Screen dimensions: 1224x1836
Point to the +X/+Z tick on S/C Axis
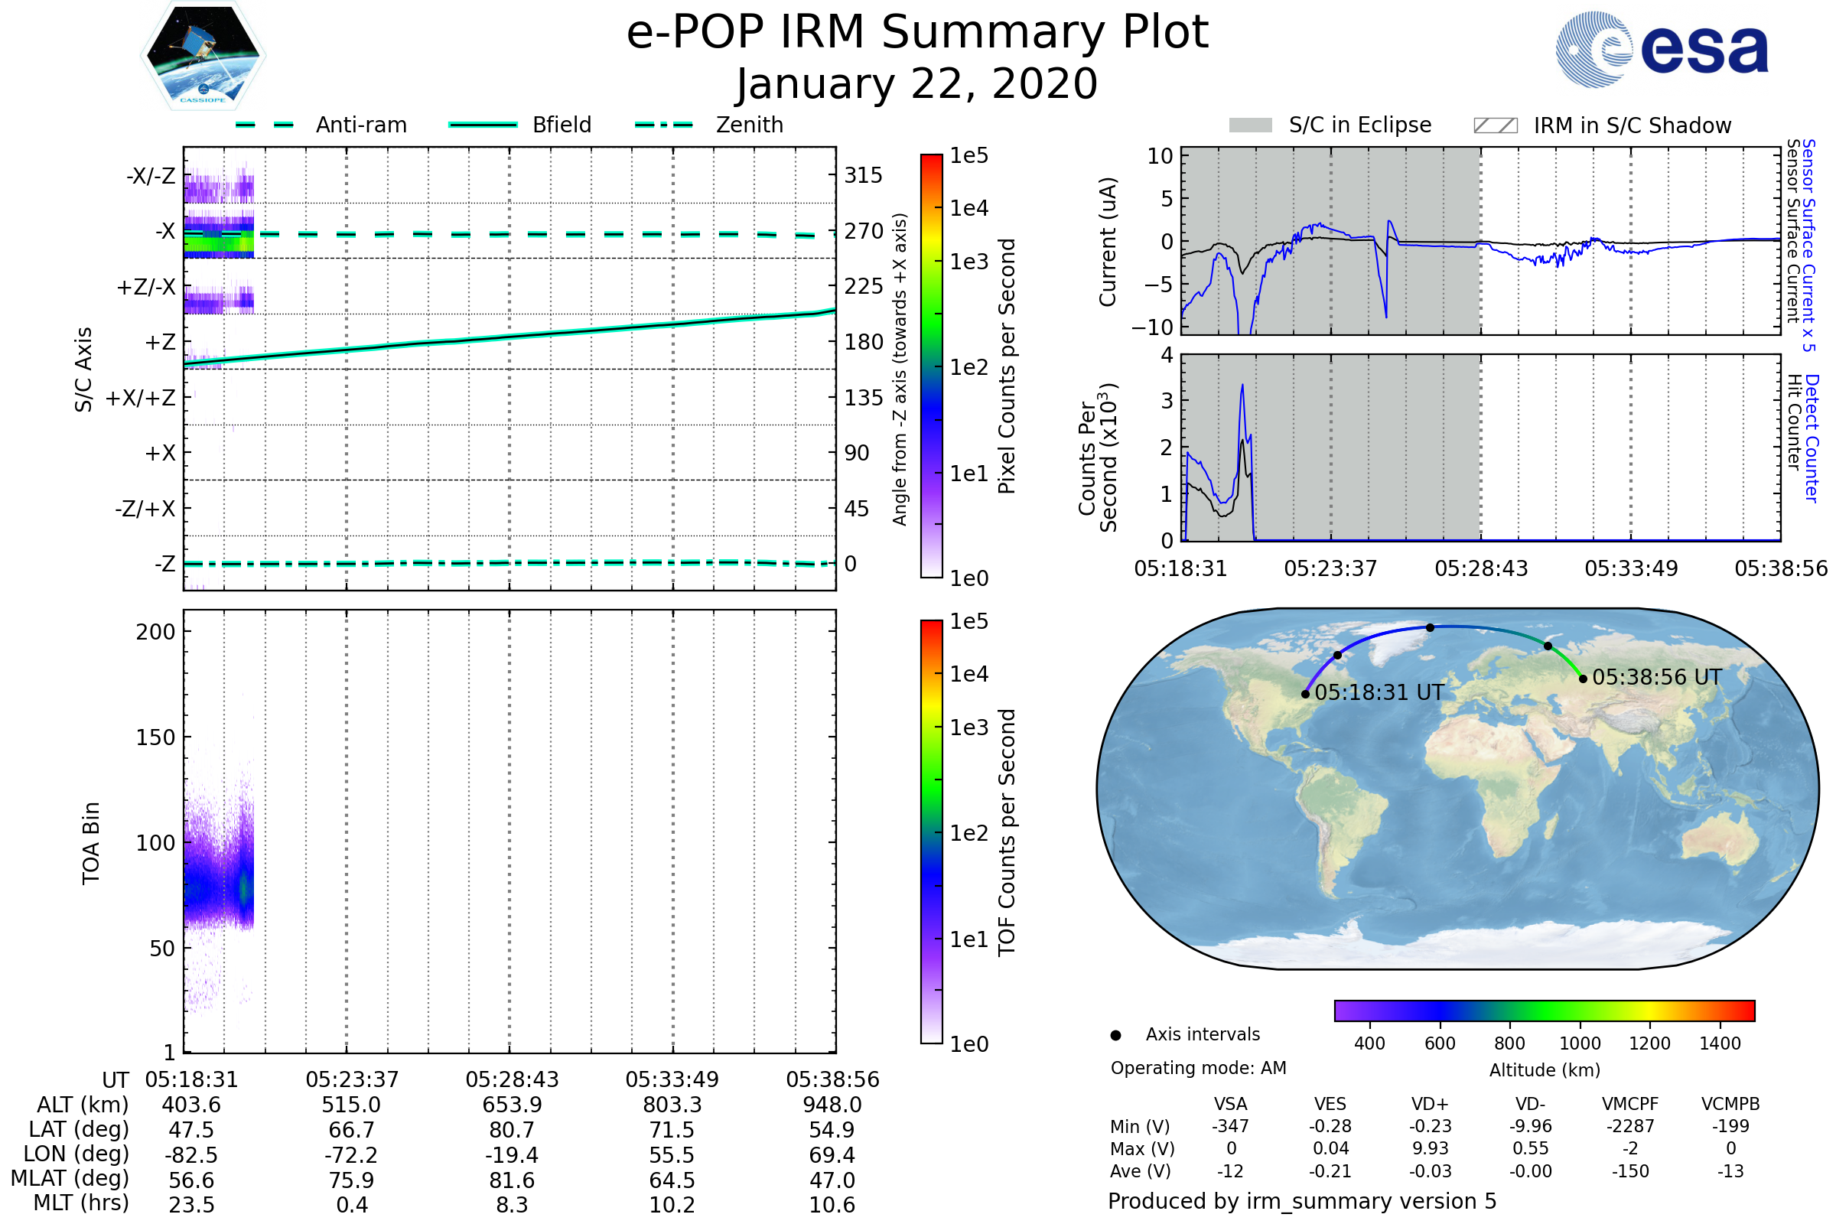141,398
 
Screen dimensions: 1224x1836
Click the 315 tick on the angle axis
863,175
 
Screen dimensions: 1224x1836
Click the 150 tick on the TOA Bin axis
155,737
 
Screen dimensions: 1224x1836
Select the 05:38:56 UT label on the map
1656,678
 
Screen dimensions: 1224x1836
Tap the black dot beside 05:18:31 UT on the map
1305,694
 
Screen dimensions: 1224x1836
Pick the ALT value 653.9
511,1105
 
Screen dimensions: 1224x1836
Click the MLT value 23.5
191,1204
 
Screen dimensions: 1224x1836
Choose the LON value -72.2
351,1154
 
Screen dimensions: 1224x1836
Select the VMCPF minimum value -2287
1630,1126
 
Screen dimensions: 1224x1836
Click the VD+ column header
1430,1104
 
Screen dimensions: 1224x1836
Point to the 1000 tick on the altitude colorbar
1580,1043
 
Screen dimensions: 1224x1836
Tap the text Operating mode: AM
1198,1068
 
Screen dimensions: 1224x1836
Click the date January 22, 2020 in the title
917,83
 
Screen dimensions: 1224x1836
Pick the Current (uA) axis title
1108,242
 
